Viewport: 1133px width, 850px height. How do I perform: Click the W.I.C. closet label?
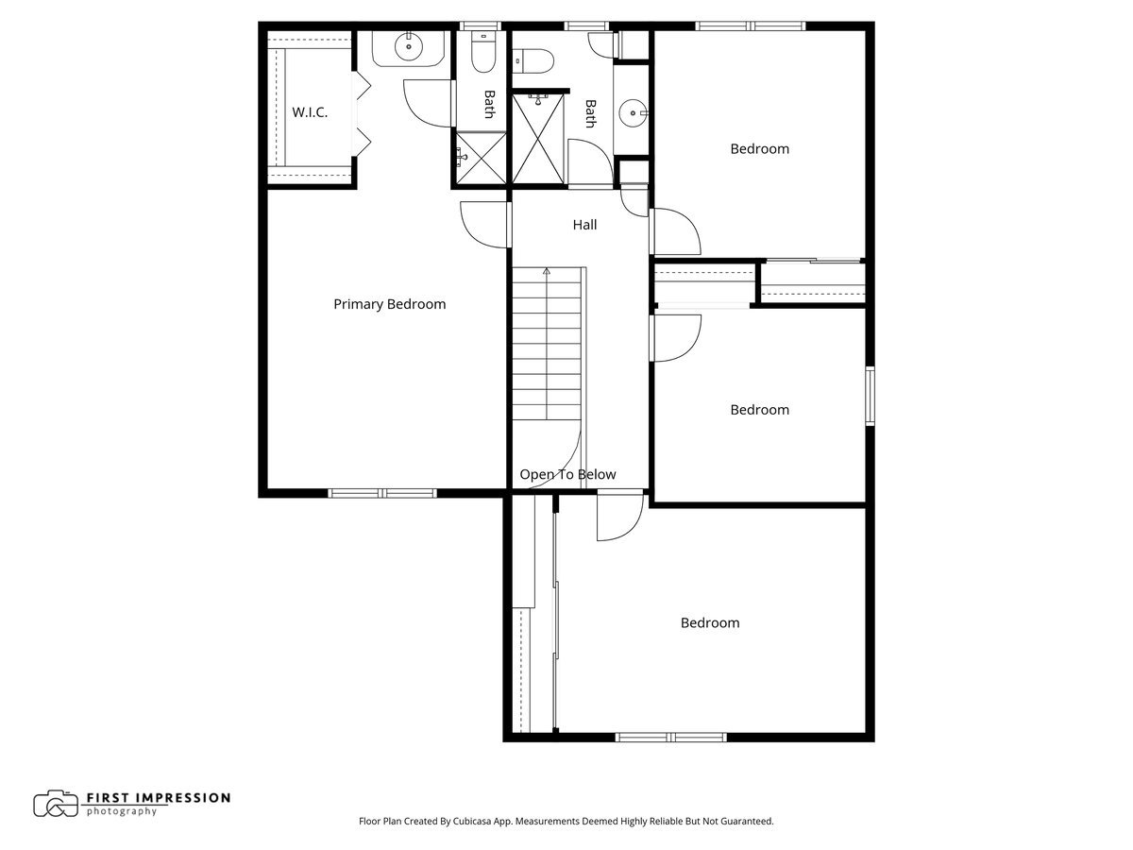point(310,112)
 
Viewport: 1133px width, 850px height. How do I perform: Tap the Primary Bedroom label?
point(389,304)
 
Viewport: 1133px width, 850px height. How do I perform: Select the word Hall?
point(584,225)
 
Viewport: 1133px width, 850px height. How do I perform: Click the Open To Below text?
point(567,474)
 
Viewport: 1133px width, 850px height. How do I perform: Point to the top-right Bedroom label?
point(759,148)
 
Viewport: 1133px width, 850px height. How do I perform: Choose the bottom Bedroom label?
point(710,622)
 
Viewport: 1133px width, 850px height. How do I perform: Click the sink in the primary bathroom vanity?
point(409,45)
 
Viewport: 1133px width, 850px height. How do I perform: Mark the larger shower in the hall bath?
point(540,138)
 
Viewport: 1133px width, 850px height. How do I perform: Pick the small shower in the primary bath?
point(480,157)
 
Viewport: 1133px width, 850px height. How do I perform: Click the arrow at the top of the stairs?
point(547,271)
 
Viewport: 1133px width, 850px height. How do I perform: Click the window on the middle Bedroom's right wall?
point(870,397)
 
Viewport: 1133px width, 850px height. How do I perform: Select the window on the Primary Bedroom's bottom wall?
point(382,492)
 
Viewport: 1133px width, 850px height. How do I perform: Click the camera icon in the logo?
point(56,804)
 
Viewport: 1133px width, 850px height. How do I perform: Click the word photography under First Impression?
point(122,811)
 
